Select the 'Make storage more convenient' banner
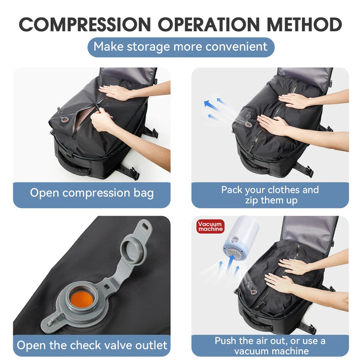180,47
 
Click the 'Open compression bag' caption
92,193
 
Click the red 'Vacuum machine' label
210,226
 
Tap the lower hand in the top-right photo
273,125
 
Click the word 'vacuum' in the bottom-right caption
257,351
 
